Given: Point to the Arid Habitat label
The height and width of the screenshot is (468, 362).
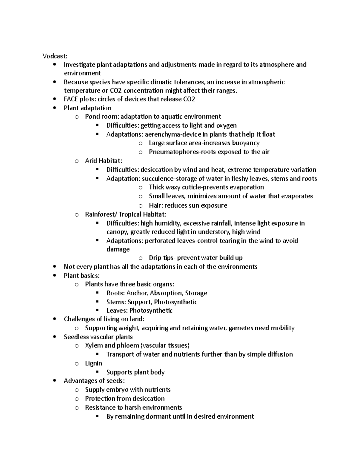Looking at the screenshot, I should (x=103, y=161).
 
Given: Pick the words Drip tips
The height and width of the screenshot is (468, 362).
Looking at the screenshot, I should (x=161, y=258).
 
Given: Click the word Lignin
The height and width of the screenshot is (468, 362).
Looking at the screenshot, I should (x=94, y=363).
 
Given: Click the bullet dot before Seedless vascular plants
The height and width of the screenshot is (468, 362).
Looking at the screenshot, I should (x=54, y=337).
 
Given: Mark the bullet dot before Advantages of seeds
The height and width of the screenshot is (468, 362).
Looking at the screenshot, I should (x=54, y=381).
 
